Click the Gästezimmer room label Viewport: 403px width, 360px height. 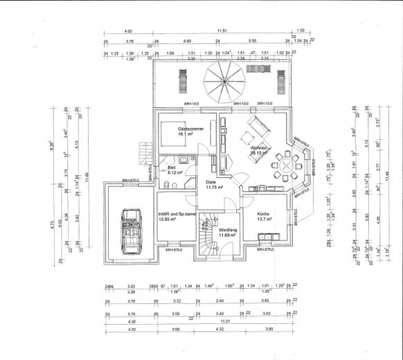click(189, 129)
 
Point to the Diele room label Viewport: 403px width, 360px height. click(211, 181)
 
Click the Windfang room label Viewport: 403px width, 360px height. click(228, 229)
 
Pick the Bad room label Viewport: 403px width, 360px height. click(171, 168)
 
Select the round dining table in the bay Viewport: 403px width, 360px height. click(285, 165)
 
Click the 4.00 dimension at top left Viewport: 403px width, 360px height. click(128, 31)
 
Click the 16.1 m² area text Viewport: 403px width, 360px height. click(186, 135)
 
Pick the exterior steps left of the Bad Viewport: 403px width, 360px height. click(144, 150)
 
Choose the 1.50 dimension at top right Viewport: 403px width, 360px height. click(301, 31)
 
